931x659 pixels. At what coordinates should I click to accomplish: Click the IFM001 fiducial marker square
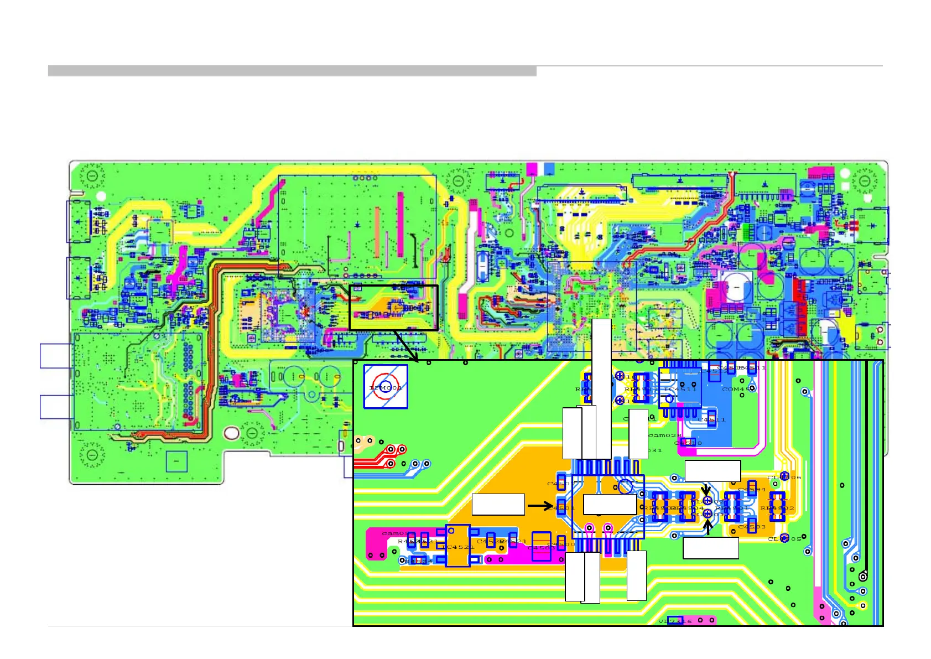(x=386, y=387)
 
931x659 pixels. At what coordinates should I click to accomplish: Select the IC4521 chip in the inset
(x=457, y=546)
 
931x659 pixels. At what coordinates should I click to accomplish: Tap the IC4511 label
(x=681, y=389)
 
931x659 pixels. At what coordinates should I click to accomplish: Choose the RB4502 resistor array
(x=777, y=507)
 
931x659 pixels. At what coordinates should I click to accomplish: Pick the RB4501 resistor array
(x=732, y=507)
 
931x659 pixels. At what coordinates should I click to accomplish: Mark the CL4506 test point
(x=784, y=477)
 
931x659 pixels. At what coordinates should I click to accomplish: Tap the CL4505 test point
(x=784, y=538)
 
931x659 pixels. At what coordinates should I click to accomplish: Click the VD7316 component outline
(x=675, y=621)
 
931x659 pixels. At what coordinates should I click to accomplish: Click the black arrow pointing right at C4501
(x=540, y=505)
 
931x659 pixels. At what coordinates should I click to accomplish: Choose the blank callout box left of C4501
(x=498, y=505)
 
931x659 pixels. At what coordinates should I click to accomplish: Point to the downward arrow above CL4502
(x=706, y=490)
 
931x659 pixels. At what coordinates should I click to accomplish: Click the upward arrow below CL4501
(x=708, y=528)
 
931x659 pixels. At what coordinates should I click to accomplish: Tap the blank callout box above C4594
(x=712, y=471)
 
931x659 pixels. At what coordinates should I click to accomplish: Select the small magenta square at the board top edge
(x=532, y=169)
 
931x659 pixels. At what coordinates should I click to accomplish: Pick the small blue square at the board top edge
(x=549, y=169)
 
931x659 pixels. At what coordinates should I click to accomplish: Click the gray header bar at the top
(x=292, y=71)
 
